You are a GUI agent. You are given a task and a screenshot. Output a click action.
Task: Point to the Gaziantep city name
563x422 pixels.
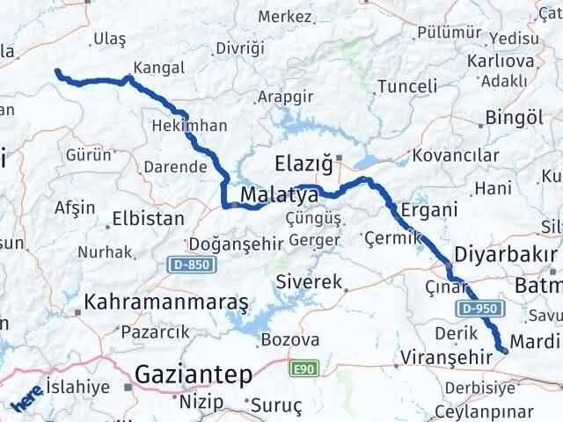(x=193, y=375)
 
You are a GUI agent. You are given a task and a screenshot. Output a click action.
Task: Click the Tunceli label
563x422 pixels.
(x=406, y=86)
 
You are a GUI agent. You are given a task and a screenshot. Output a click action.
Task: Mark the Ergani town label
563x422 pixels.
(x=428, y=211)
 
